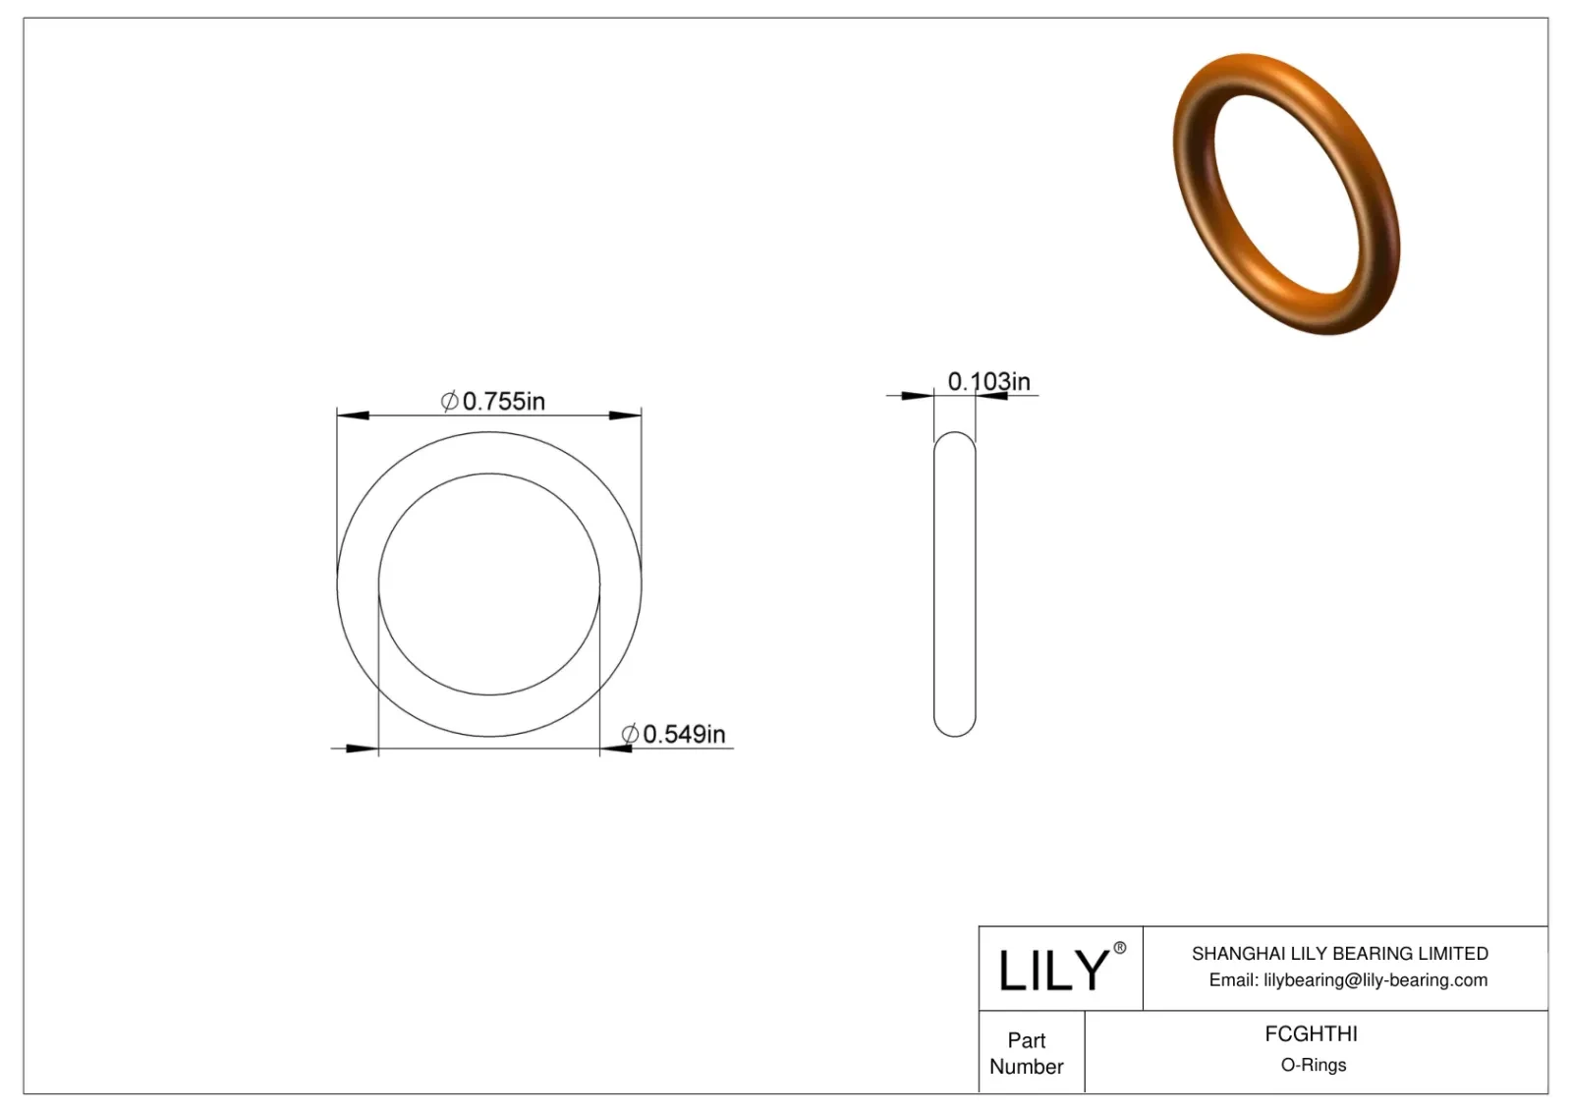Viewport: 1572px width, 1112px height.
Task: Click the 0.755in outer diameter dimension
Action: tap(503, 401)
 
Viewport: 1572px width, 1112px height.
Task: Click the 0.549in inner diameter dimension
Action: tap(684, 734)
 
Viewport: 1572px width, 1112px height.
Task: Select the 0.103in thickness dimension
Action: tap(988, 381)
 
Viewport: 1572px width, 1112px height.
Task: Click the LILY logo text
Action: tap(1053, 971)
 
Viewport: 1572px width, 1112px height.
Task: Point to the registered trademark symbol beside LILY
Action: tap(1119, 948)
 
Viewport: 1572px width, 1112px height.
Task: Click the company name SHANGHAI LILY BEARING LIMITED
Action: tap(1339, 953)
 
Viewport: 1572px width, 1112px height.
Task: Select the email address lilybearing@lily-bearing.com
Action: tap(1375, 979)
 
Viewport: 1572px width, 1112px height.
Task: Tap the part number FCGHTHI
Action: tap(1311, 1033)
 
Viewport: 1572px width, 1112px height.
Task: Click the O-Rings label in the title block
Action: tap(1313, 1065)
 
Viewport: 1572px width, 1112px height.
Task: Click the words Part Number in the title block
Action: tap(1026, 1053)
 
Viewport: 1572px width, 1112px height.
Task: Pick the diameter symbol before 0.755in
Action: tap(449, 401)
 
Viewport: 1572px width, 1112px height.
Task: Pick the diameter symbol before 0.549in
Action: tap(630, 734)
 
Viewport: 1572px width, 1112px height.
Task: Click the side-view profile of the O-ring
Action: tap(954, 584)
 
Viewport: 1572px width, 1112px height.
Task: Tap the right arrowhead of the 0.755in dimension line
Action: tap(626, 417)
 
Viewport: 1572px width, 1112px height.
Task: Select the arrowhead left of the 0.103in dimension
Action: tap(918, 396)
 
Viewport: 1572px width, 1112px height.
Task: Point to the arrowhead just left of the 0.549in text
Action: tap(616, 750)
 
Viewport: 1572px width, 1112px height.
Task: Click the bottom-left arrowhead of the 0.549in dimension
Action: tap(363, 750)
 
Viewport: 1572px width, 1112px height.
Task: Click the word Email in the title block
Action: tap(1232, 979)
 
